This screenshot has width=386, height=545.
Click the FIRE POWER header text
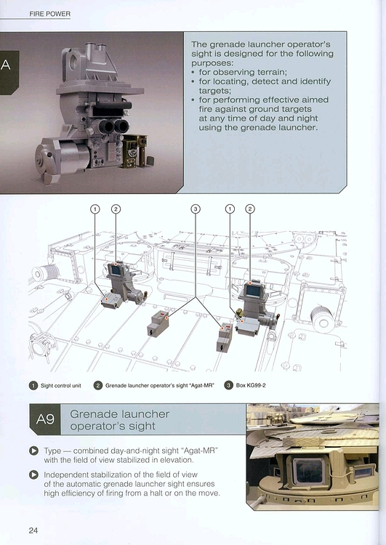[49, 14]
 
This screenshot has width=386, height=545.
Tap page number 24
[33, 530]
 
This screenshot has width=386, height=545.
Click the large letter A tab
[7, 65]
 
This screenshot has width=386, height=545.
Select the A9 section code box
[45, 419]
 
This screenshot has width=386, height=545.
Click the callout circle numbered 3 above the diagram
[196, 209]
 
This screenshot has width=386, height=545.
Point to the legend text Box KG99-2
[251, 385]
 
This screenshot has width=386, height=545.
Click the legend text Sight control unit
[61, 385]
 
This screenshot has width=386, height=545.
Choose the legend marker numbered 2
[98, 385]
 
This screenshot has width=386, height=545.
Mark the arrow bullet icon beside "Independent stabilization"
[33, 475]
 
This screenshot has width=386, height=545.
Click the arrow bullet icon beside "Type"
[33, 451]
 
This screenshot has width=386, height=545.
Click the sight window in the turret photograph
[308, 471]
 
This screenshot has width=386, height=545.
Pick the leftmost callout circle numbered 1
[95, 209]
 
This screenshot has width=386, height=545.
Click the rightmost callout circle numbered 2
[250, 209]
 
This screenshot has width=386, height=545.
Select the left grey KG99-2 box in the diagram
[158, 324]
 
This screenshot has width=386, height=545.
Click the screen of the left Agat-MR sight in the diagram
[115, 270]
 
